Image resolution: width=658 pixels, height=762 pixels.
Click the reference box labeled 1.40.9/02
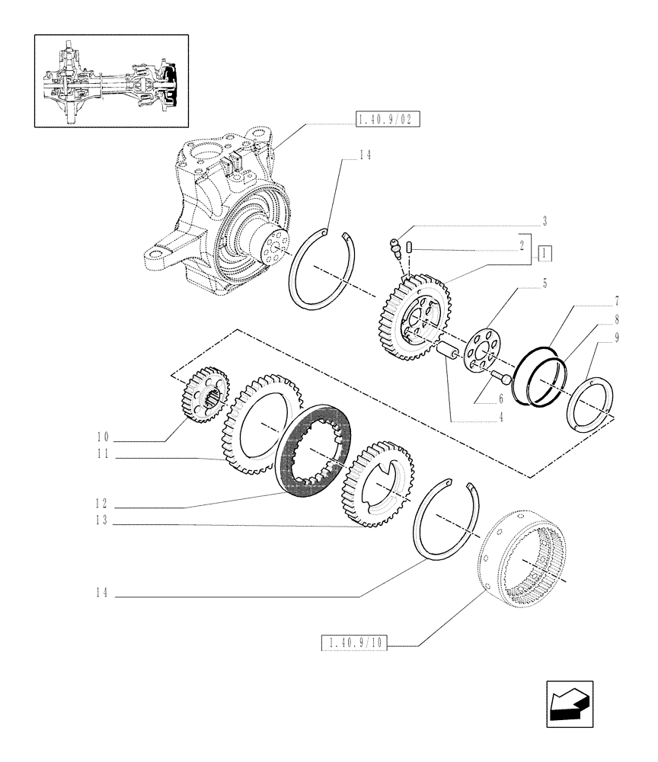pos(388,119)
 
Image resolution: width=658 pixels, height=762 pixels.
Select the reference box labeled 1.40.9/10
pos(355,645)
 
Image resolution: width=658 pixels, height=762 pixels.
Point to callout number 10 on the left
pos(104,437)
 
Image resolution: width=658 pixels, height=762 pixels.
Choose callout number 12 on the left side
pos(104,504)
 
